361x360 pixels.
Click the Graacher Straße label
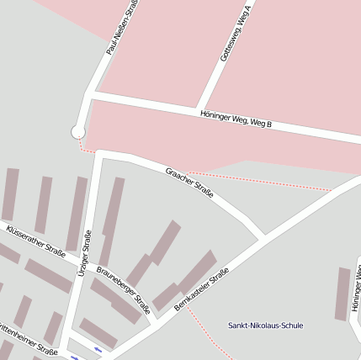pyautogui.click(x=189, y=183)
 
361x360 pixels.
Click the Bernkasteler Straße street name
pyautogui.click(x=201, y=289)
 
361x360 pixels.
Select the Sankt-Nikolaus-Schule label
pyautogui.click(x=266, y=326)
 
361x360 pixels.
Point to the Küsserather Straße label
pyautogui.click(x=35, y=241)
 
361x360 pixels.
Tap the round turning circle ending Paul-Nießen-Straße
pyautogui.click(x=78, y=131)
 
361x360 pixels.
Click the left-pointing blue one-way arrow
pyautogui.click(x=99, y=348)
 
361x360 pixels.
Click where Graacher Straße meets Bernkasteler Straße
pyautogui.click(x=263, y=235)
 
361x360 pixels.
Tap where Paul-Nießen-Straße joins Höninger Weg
pyautogui.click(x=88, y=96)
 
